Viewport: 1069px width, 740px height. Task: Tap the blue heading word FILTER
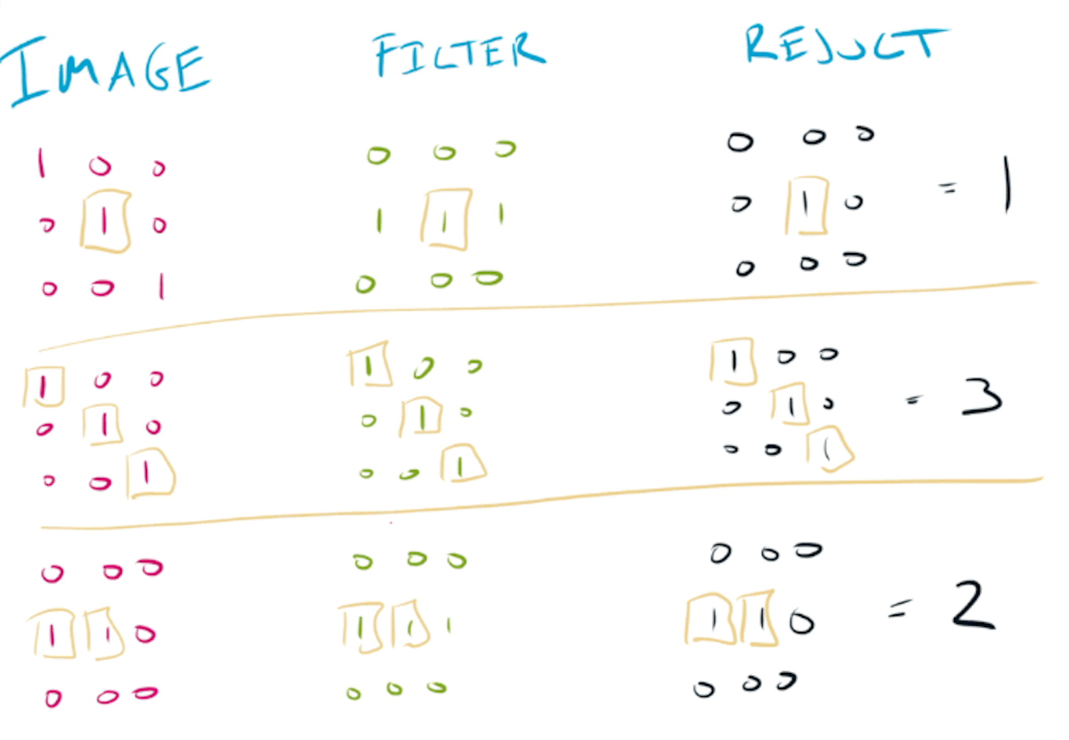pyautogui.click(x=459, y=53)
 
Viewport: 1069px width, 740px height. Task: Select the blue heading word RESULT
pyautogui.click(x=845, y=45)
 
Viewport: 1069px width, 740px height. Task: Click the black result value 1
pyautogui.click(x=1006, y=185)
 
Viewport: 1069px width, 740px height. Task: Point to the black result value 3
pyautogui.click(x=981, y=397)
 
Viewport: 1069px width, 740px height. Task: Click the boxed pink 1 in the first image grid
pyautogui.click(x=105, y=221)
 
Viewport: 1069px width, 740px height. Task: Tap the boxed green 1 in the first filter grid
pyautogui.click(x=446, y=220)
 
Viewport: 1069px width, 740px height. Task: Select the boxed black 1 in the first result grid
pyautogui.click(x=806, y=204)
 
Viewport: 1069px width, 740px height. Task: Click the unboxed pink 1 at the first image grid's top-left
pyautogui.click(x=42, y=163)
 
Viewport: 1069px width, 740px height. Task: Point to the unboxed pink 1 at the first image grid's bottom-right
pyautogui.click(x=162, y=286)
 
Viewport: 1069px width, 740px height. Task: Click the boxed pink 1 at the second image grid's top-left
pyautogui.click(x=44, y=387)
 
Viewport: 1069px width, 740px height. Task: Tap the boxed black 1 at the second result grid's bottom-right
pyautogui.click(x=829, y=449)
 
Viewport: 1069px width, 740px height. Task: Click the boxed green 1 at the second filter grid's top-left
pyautogui.click(x=369, y=365)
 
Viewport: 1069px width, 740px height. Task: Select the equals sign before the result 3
pyautogui.click(x=912, y=400)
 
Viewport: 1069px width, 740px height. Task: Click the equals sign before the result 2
pyautogui.click(x=901, y=608)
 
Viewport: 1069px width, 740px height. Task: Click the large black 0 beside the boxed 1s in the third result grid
pyautogui.click(x=801, y=622)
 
